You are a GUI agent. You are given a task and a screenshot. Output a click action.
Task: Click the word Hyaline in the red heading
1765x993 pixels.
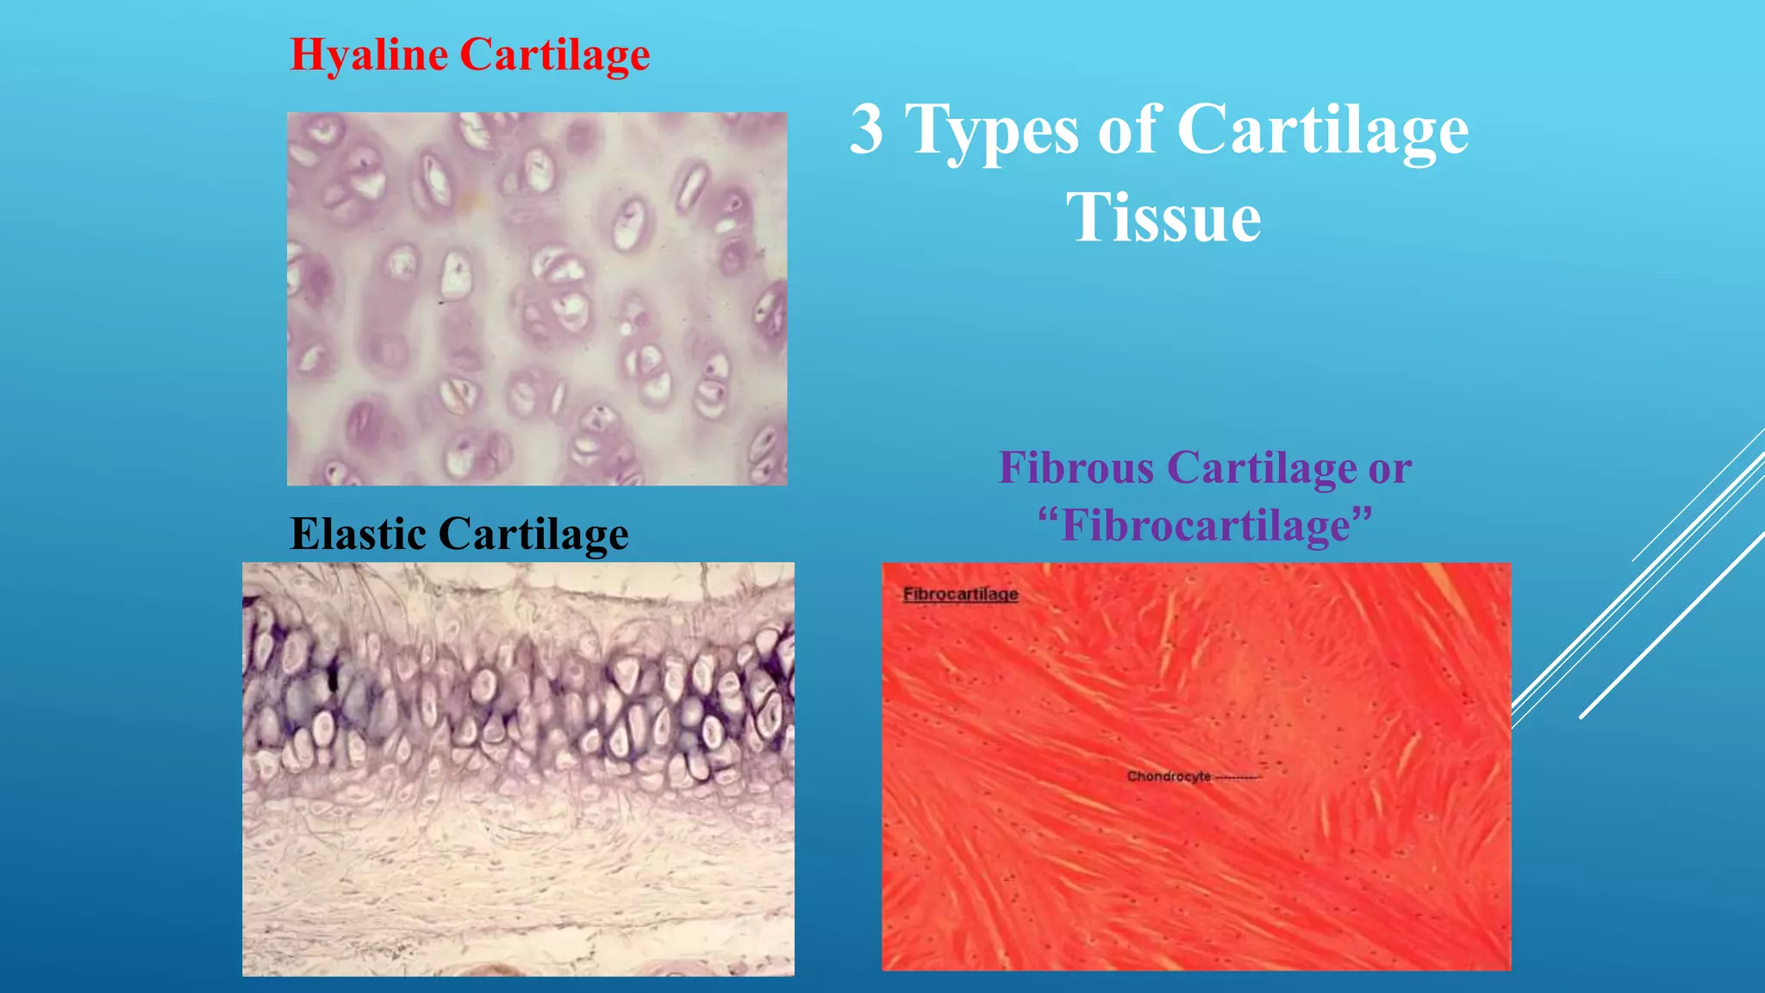click(x=369, y=55)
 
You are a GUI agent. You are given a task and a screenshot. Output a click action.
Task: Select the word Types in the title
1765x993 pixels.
click(x=991, y=131)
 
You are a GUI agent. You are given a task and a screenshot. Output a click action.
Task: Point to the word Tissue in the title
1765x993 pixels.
click(x=1163, y=217)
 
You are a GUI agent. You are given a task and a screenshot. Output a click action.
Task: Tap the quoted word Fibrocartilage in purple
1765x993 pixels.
click(x=1205, y=525)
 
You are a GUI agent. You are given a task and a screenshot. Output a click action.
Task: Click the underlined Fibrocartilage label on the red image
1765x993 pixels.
click(x=960, y=594)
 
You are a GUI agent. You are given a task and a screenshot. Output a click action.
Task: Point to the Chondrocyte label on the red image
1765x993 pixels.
click(x=1169, y=777)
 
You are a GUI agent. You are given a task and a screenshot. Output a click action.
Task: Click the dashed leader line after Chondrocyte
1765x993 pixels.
click(x=1238, y=778)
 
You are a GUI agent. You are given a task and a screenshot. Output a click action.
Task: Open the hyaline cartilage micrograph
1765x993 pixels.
click(x=536, y=298)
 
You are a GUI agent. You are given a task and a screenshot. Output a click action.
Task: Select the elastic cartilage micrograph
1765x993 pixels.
click(x=518, y=769)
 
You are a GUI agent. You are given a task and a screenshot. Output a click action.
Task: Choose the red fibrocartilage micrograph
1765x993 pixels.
click(x=1195, y=766)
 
